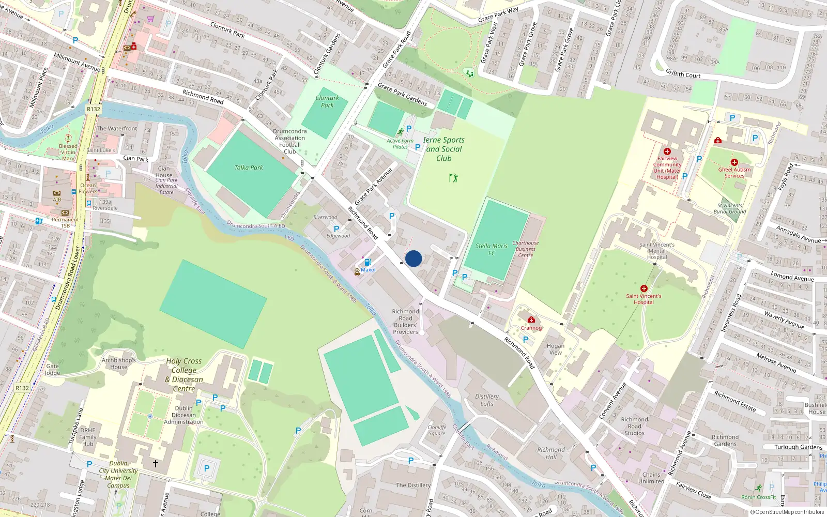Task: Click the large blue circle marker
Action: click(x=413, y=258)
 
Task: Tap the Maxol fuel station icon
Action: click(x=367, y=262)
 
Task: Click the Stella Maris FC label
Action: click(x=492, y=249)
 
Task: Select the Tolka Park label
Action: click(x=249, y=168)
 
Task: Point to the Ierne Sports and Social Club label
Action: click(x=443, y=149)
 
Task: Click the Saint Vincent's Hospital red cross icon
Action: click(x=644, y=288)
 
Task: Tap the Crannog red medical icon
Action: click(x=531, y=320)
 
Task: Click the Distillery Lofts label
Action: click(x=487, y=400)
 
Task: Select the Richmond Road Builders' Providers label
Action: click(x=405, y=322)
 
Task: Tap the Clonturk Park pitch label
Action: click(x=327, y=101)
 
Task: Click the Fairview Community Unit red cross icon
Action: click(x=667, y=151)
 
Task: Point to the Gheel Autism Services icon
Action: click(x=734, y=162)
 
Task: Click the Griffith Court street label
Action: click(x=683, y=74)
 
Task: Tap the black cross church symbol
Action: click(x=155, y=463)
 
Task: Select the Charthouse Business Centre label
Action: click(x=525, y=249)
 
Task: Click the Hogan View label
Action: click(x=555, y=349)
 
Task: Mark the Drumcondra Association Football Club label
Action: click(x=290, y=141)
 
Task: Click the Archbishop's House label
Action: click(x=118, y=363)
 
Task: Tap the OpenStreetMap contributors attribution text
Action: click(x=787, y=512)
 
